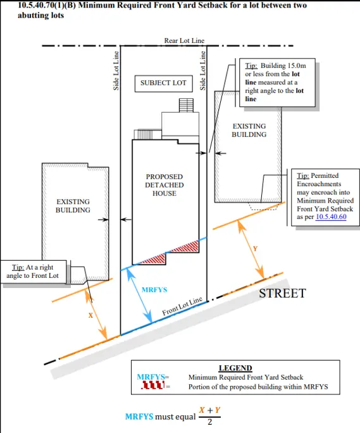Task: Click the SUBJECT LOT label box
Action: click(x=163, y=84)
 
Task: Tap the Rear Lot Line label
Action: click(x=184, y=41)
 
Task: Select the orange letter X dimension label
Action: click(x=90, y=315)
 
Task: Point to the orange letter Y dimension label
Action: click(x=255, y=249)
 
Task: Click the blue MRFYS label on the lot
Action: click(x=154, y=290)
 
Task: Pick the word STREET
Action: click(x=282, y=293)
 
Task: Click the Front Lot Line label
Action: click(x=182, y=306)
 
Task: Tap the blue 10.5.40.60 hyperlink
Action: click(x=331, y=216)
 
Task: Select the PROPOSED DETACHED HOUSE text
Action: click(x=164, y=185)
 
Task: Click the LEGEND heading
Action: click(x=235, y=368)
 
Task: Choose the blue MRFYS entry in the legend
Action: click(x=151, y=377)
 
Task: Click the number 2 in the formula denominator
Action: click(x=210, y=422)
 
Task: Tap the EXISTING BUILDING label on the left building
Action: click(x=73, y=206)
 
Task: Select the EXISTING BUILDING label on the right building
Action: click(x=249, y=130)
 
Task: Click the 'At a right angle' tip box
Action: click(x=33, y=272)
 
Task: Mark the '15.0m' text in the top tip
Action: click(x=297, y=65)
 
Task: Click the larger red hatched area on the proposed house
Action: click(x=185, y=247)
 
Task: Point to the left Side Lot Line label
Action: click(x=116, y=71)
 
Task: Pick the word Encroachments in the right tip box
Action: click(x=319, y=184)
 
